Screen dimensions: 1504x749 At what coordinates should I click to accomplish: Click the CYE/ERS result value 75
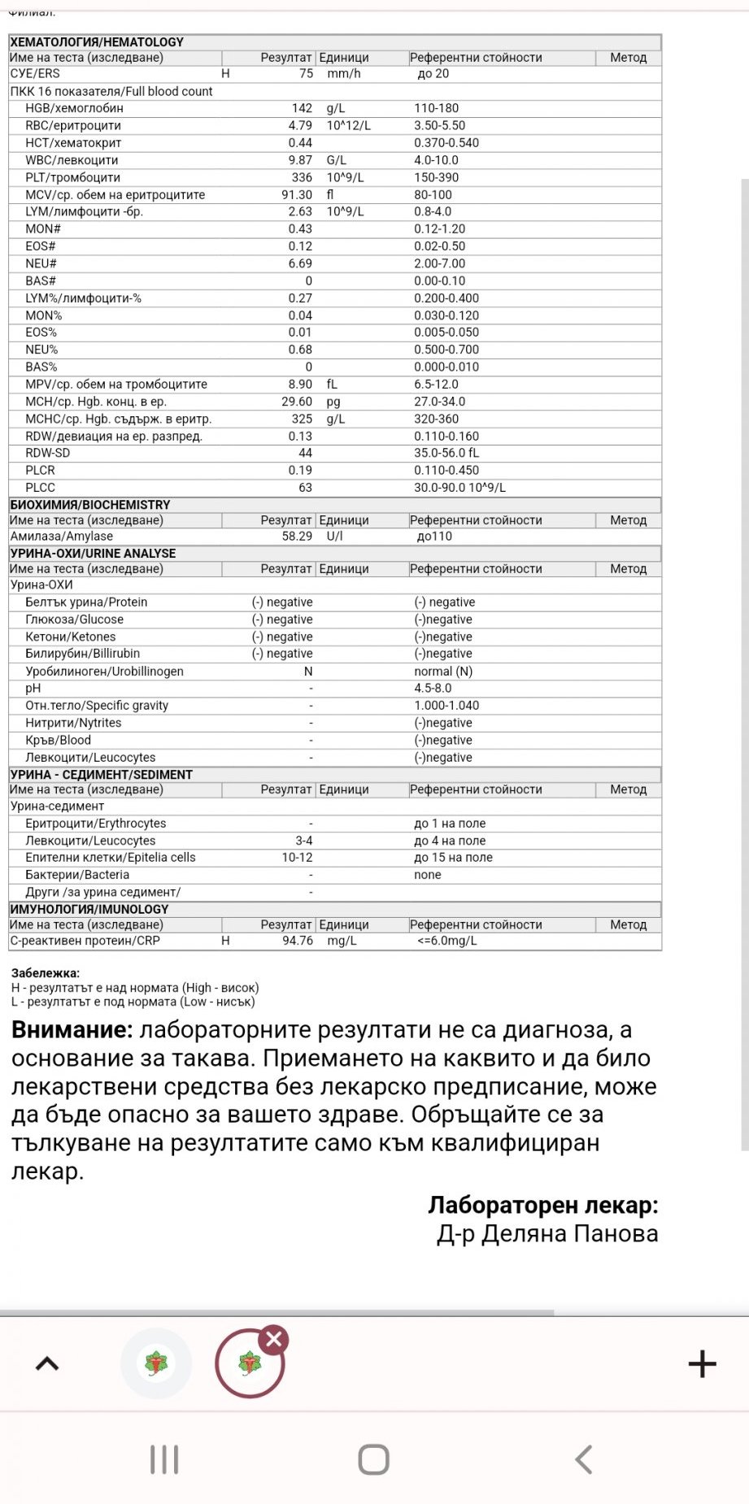pyautogui.click(x=306, y=74)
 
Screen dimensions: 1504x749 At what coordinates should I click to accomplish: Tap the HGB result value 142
pyautogui.click(x=302, y=108)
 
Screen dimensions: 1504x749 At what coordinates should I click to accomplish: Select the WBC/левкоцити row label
pyautogui.click(x=72, y=160)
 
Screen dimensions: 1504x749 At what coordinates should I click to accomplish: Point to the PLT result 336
pyautogui.click(x=302, y=177)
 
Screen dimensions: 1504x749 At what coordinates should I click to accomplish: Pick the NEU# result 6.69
pyautogui.click(x=300, y=263)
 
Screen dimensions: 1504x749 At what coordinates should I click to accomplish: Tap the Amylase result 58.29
pyautogui.click(x=297, y=537)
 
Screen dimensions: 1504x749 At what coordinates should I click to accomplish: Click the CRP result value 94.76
pyautogui.click(x=297, y=941)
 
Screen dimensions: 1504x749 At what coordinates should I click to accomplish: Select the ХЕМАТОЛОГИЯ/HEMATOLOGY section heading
pyautogui.click(x=97, y=42)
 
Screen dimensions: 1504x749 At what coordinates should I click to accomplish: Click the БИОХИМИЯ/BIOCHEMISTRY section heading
pyautogui.click(x=90, y=505)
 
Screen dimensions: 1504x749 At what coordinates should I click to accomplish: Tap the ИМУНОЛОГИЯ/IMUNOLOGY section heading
pyautogui.click(x=89, y=909)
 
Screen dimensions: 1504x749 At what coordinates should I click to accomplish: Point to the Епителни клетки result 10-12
pyautogui.click(x=297, y=858)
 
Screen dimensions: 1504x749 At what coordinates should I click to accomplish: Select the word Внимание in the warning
pyautogui.click(x=72, y=1030)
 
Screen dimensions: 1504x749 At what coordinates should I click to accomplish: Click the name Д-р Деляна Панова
pyautogui.click(x=547, y=1234)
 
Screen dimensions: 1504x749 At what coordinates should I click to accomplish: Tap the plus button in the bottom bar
pyautogui.click(x=702, y=1363)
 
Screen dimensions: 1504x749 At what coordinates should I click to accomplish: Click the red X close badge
pyautogui.click(x=274, y=1339)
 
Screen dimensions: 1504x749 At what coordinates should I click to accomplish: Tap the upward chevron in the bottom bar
pyautogui.click(x=47, y=1363)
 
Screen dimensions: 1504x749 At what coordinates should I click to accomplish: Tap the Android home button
pyautogui.click(x=374, y=1459)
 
